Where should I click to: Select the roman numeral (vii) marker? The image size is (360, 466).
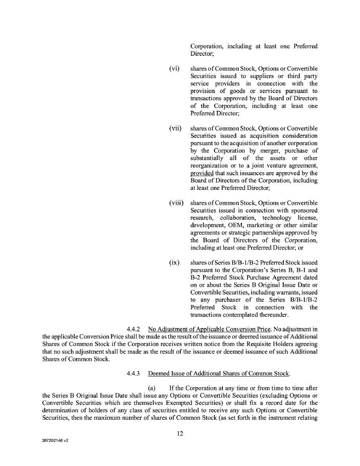coord(175,129)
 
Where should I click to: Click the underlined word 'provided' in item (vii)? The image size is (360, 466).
coord(202,173)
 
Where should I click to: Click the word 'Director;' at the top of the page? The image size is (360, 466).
coord(202,54)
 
